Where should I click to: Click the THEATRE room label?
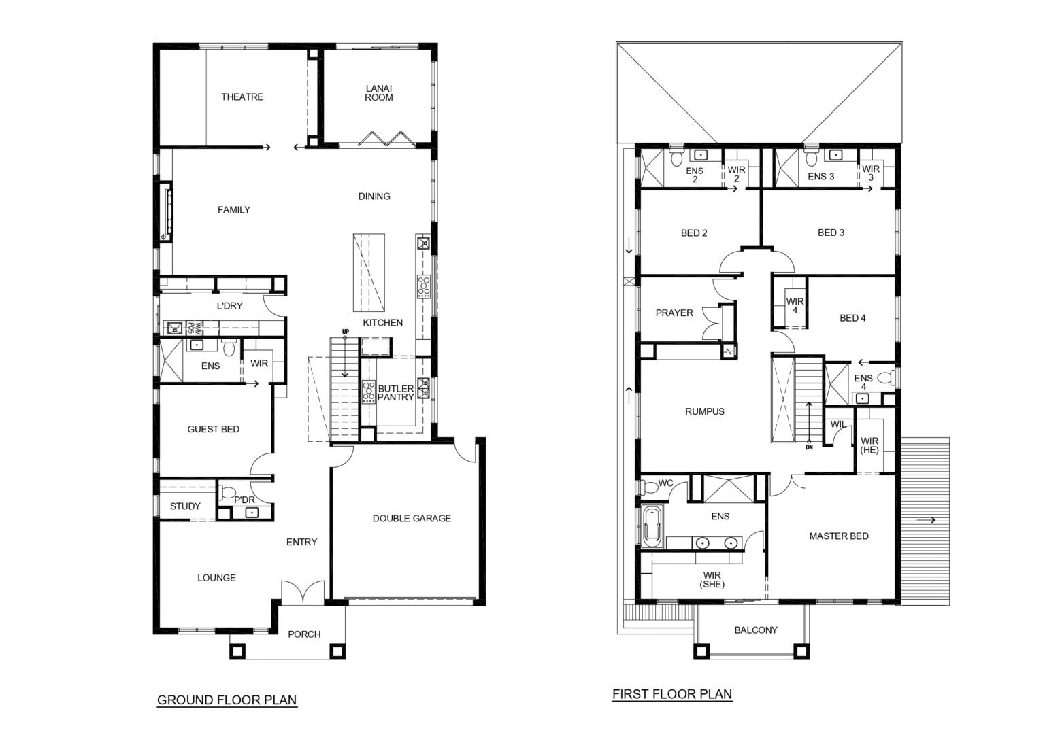pyautogui.click(x=242, y=97)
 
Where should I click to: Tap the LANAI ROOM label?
pyautogui.click(x=379, y=92)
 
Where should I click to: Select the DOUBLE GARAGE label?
pyautogui.click(x=412, y=519)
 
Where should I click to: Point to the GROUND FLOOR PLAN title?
pyautogui.click(x=227, y=700)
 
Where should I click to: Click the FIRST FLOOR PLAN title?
pyautogui.click(x=672, y=694)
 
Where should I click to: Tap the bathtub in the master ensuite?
pyautogui.click(x=652, y=527)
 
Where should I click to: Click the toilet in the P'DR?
pyautogui.click(x=227, y=492)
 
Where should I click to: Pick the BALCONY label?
pyautogui.click(x=756, y=630)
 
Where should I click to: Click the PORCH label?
pyautogui.click(x=304, y=634)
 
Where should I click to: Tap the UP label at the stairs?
pyautogui.click(x=346, y=332)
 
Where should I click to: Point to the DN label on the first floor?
pyautogui.click(x=810, y=447)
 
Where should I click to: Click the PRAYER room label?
pyautogui.click(x=674, y=313)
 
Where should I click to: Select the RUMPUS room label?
pyautogui.click(x=704, y=412)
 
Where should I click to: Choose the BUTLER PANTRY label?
pyautogui.click(x=395, y=393)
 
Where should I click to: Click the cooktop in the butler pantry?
pyautogui.click(x=369, y=392)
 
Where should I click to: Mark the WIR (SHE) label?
pyautogui.click(x=712, y=580)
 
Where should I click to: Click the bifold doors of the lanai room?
pyautogui.click(x=386, y=139)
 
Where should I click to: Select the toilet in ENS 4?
pyautogui.click(x=886, y=378)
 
